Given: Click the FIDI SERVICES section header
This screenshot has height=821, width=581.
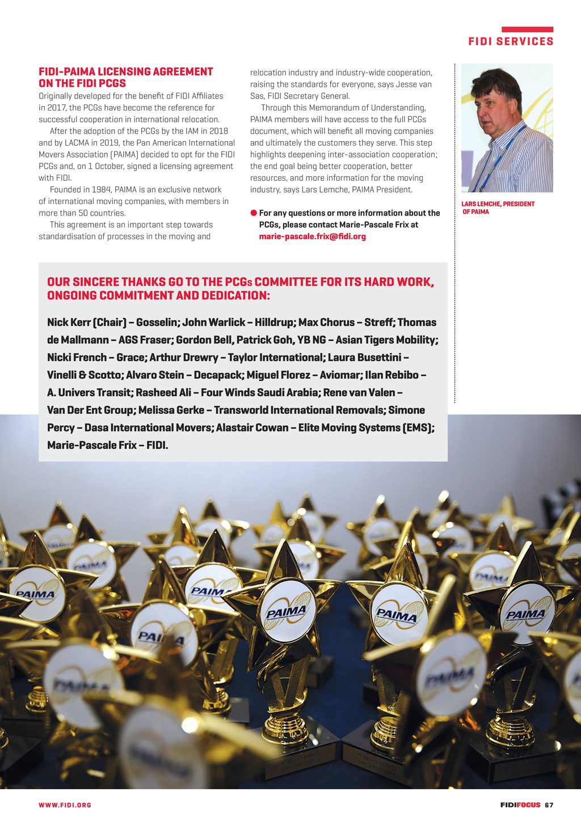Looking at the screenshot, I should click(511, 41).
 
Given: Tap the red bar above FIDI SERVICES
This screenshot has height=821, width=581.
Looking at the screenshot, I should click(527, 29).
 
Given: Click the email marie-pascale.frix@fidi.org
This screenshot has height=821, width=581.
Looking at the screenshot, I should click(312, 236).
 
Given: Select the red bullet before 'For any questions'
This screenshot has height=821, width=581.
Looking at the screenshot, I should click(254, 213).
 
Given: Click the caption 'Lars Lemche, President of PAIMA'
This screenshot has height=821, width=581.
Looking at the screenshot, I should click(498, 208).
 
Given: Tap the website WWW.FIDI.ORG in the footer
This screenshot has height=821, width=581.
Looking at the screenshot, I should click(65, 805).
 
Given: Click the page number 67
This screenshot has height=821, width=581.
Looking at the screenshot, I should click(549, 805).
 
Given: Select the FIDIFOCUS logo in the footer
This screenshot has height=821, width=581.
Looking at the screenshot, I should click(520, 805).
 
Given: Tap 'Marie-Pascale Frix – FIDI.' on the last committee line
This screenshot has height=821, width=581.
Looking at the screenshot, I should click(108, 445).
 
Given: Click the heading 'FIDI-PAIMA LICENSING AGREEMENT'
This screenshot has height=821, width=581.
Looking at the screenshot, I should click(126, 71).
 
